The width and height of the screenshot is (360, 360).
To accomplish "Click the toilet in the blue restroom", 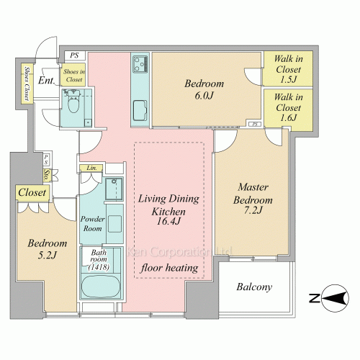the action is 73,102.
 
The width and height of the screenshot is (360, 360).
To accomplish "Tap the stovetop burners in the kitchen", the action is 140,64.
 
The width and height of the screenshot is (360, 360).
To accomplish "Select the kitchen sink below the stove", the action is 140,110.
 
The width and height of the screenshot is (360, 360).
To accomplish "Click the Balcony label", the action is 254,287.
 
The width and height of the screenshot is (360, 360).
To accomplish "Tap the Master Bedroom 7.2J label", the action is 253,199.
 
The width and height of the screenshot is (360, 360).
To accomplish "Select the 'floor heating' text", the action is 169,268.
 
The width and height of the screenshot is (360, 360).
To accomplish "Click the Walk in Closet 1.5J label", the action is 288,69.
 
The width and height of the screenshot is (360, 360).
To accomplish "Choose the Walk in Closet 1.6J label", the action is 288,107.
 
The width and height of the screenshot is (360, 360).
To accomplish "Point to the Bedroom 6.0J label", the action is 204,89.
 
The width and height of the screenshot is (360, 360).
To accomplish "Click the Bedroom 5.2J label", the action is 47,249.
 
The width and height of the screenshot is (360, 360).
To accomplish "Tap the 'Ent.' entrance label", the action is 47,80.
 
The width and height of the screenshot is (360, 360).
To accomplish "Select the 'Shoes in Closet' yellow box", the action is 73,75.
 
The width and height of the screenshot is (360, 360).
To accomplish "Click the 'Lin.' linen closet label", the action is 91,168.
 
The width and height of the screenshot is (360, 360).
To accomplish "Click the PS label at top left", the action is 74,55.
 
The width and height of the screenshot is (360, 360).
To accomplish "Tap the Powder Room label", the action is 92,223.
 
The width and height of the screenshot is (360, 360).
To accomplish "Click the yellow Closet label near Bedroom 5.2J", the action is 32,192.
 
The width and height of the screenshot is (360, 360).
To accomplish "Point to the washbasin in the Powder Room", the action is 114,224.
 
